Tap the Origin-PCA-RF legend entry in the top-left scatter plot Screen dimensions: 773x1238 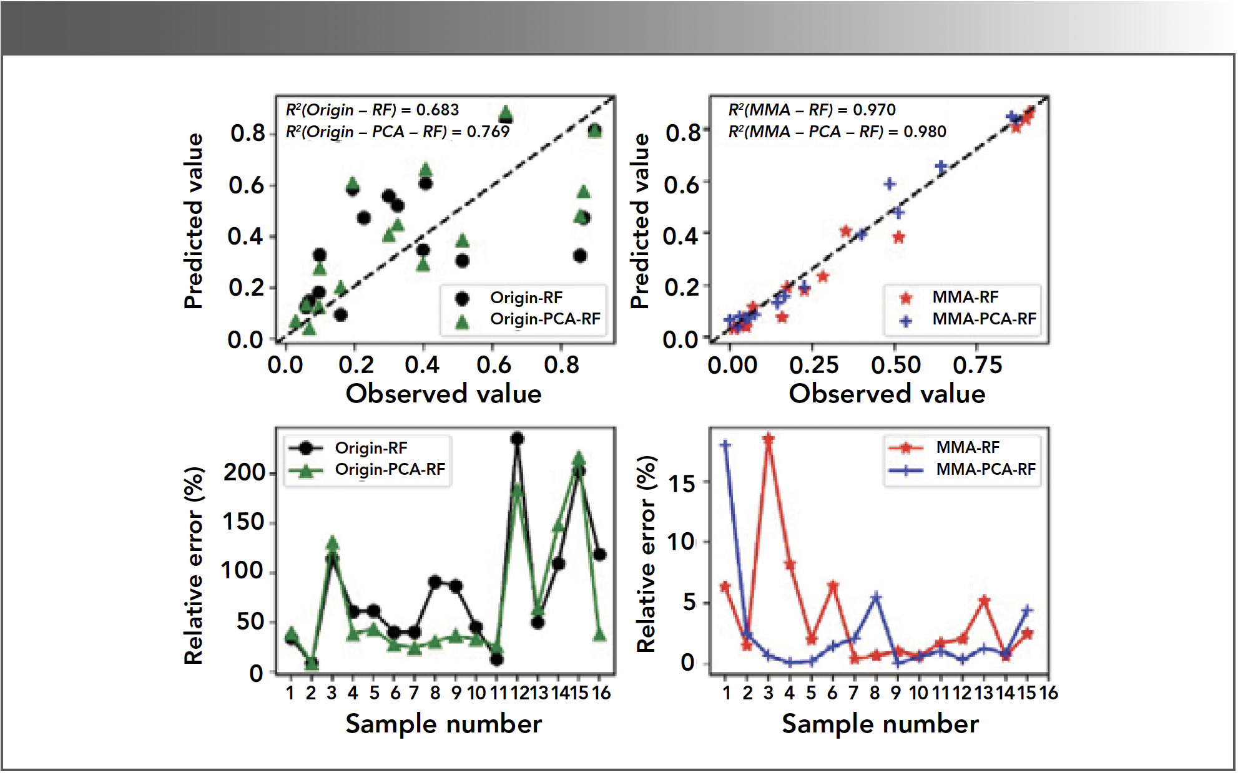(x=544, y=319)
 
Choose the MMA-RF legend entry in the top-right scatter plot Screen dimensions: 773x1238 (x=965, y=298)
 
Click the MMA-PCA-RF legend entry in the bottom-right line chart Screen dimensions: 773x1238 (x=985, y=469)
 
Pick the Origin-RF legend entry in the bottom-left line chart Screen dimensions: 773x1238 (x=370, y=448)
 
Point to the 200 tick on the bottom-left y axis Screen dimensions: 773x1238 (x=245, y=473)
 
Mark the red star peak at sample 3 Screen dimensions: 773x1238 (x=769, y=439)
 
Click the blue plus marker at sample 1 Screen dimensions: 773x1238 (x=725, y=445)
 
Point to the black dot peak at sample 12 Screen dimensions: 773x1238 (x=517, y=439)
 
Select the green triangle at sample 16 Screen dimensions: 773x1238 (x=599, y=635)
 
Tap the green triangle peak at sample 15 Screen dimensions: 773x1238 (x=579, y=459)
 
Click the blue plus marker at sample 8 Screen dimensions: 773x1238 (x=876, y=598)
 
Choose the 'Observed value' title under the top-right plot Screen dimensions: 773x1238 (x=887, y=394)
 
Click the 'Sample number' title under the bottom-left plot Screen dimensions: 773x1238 (x=443, y=724)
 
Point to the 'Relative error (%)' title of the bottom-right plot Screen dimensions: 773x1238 (x=647, y=554)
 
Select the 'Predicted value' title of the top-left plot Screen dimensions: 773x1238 (x=194, y=221)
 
